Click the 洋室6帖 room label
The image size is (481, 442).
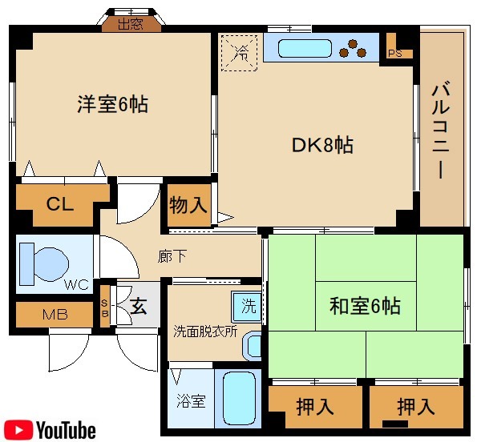coord(112,104)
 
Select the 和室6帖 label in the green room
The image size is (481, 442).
coord(365,305)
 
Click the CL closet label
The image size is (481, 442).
coord(59,203)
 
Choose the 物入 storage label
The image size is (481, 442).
coord(188,205)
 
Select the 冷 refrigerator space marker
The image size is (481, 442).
coord(240,53)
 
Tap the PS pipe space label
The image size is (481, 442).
coord(394,54)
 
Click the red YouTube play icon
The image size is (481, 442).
coord(18,430)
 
